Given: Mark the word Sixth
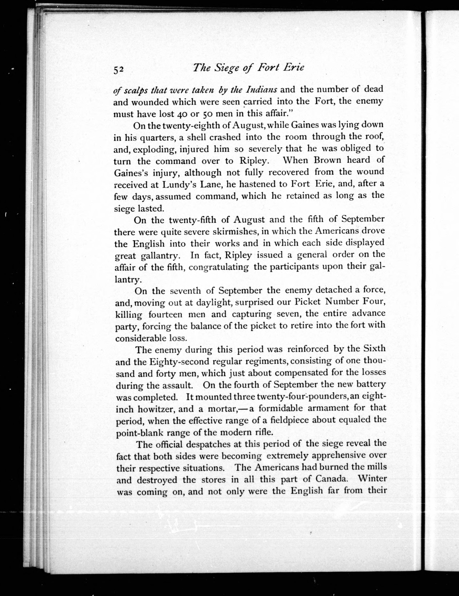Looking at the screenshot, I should [374, 349].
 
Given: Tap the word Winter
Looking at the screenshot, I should [371, 479].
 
